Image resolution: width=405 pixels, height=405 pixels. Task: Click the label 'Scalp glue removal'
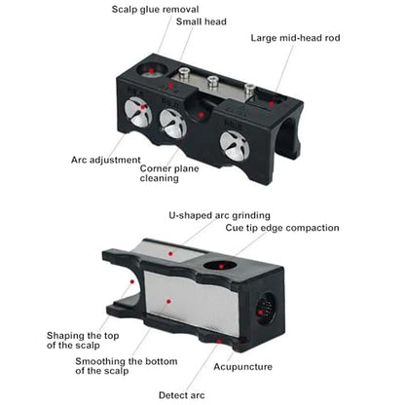click(155, 10)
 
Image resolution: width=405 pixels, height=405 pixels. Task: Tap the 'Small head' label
click(202, 21)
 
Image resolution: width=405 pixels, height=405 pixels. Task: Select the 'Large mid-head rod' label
click(295, 38)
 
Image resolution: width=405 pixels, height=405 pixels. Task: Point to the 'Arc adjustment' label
click(106, 160)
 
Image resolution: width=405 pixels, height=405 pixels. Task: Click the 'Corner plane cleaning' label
click(169, 173)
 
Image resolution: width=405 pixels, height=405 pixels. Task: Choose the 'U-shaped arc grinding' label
click(219, 215)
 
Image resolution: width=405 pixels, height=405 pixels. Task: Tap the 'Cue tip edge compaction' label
click(282, 228)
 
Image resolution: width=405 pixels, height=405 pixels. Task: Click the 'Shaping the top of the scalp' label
click(83, 340)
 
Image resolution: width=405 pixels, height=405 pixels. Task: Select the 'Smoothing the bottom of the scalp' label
click(127, 366)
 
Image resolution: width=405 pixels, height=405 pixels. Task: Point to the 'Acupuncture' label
click(242, 367)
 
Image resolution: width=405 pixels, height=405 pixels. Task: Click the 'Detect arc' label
click(182, 395)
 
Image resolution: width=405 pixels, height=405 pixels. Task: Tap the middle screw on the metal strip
click(212, 81)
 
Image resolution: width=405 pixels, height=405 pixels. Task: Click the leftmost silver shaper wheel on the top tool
click(138, 113)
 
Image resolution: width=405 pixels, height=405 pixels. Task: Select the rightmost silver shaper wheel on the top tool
click(235, 145)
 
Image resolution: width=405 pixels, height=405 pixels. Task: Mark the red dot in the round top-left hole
click(151, 70)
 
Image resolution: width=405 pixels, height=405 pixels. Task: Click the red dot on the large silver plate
click(168, 302)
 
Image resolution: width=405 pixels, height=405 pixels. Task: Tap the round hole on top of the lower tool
click(221, 266)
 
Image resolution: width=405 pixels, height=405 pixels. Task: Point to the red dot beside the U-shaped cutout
click(132, 281)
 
